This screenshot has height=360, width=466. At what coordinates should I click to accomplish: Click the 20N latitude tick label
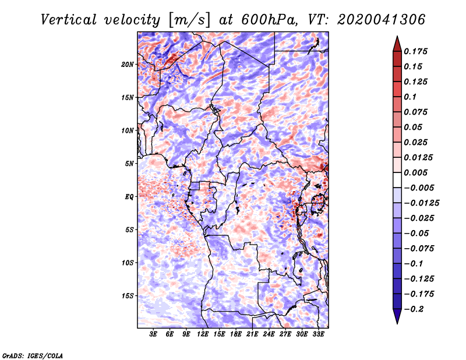[x=128, y=65]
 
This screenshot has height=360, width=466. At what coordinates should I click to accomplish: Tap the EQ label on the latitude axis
[x=129, y=197]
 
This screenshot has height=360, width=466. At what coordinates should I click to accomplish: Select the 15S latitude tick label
[x=128, y=296]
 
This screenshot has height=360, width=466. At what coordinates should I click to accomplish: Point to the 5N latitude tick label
[x=129, y=164]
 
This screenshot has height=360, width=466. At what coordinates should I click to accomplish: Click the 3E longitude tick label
[x=153, y=334]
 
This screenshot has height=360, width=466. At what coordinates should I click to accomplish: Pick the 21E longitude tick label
[x=252, y=334]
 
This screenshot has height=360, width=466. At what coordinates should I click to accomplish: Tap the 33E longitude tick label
[x=318, y=334]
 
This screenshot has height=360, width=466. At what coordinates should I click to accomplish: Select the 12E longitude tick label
[x=203, y=334]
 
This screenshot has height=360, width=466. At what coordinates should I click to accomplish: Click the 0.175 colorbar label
[x=415, y=51]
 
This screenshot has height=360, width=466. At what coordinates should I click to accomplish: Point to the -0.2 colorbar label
[x=414, y=309]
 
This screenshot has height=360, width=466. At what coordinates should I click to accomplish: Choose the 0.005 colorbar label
[x=415, y=172]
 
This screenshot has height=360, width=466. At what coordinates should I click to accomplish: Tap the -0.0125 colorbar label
[x=421, y=203]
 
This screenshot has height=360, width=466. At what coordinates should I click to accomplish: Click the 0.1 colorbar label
[x=410, y=97]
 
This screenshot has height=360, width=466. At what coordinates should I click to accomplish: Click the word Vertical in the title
[x=69, y=20]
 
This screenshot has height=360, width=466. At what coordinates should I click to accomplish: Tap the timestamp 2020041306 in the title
[x=382, y=20]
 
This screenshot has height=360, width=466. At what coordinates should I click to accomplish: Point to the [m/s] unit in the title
[x=190, y=20]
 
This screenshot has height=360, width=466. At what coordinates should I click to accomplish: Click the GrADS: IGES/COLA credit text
[x=33, y=355]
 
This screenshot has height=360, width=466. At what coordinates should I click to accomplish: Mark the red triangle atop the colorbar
[x=397, y=44]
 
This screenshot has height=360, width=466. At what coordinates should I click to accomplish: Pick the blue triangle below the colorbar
[x=397, y=316]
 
